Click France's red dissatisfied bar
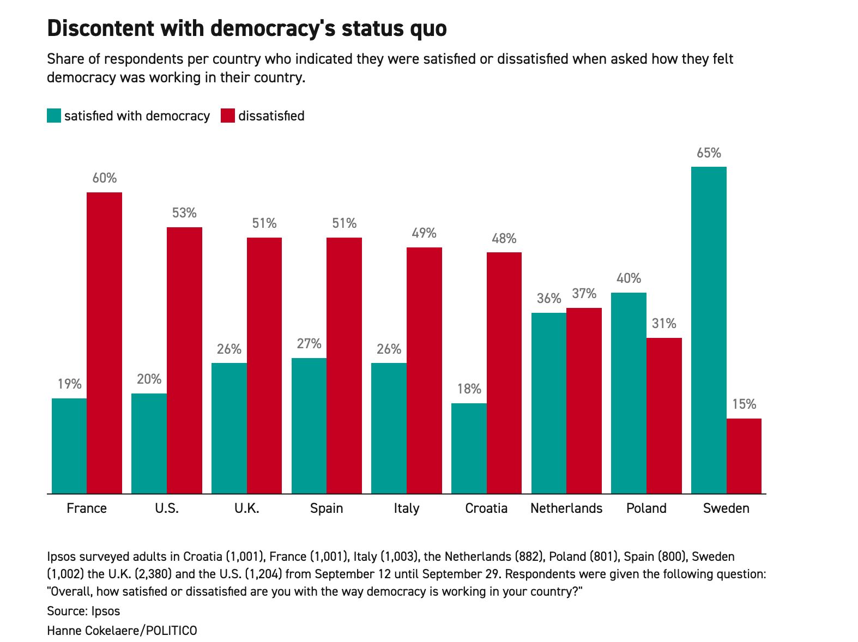pos(104,343)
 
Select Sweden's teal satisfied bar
pos(708,330)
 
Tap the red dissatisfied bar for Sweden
pos(744,456)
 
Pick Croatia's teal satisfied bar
pos(469,449)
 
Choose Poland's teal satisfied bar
pos(629,393)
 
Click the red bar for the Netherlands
pos(584,401)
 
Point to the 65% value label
pos(709,153)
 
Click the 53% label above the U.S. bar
pos(184,213)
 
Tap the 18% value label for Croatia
pos(469,389)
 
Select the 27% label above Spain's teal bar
pos(309,344)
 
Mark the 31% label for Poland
pos(664,324)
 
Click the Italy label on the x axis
pos(407,508)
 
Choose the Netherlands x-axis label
pos(566,508)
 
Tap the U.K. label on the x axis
pos(246,508)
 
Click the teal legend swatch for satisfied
pos(54,116)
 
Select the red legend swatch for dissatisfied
pos(228,116)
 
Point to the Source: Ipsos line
pos(83,611)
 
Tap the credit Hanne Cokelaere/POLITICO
pos(122,631)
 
